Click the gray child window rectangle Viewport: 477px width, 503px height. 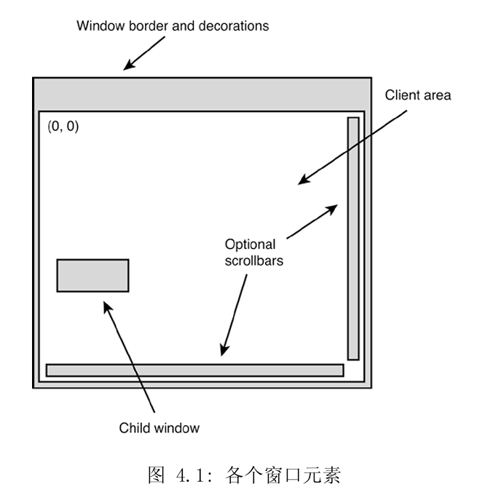93,275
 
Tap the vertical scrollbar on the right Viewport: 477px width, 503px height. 353,238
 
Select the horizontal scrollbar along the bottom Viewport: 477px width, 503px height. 194,370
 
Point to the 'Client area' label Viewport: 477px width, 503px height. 418,95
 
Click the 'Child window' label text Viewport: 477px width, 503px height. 159,428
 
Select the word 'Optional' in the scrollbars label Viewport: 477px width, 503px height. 250,245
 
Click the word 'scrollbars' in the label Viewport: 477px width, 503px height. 253,260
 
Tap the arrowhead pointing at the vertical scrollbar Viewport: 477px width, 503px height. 333,207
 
